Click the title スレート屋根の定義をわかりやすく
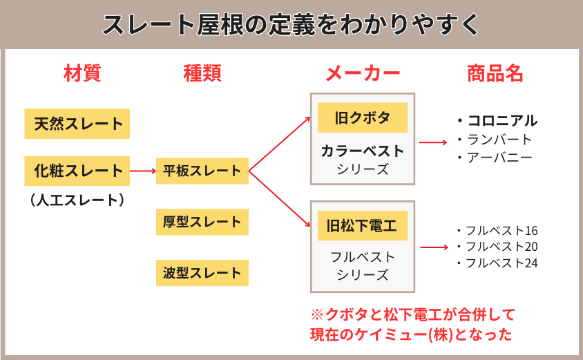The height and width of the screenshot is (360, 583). [291, 25]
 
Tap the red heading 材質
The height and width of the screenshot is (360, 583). [82, 73]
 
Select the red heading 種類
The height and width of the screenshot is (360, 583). [202, 73]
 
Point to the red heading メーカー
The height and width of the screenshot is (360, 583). [362, 73]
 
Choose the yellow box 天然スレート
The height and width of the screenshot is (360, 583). [77, 124]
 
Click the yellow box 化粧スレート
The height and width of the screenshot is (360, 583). [77, 171]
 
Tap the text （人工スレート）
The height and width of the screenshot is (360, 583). [77, 200]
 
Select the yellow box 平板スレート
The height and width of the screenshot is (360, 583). [202, 171]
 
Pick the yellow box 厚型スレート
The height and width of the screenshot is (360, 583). [202, 222]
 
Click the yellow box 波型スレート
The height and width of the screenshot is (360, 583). [202, 273]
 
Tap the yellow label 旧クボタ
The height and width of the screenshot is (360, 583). [362, 117]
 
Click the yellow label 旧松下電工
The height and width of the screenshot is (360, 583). [362, 225]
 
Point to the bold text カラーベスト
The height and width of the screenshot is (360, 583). [362, 151]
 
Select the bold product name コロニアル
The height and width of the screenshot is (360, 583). [501, 121]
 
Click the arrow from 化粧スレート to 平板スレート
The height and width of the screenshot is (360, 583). [143, 171]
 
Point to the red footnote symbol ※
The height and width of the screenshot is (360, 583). [317, 315]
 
